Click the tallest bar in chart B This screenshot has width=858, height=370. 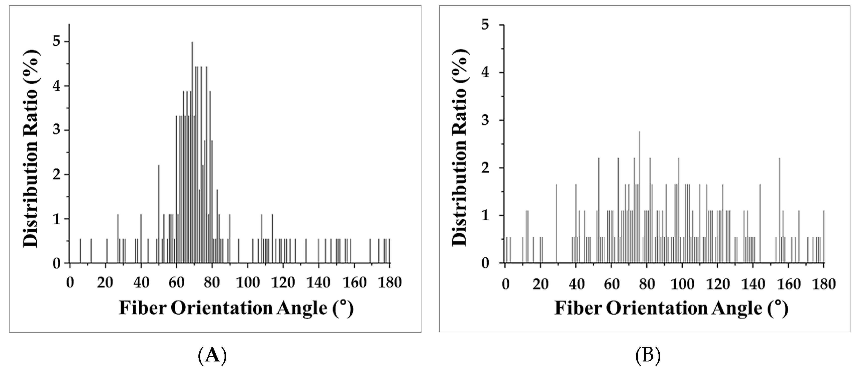click(x=639, y=200)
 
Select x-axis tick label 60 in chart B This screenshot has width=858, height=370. click(x=611, y=284)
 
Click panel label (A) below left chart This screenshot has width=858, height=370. click(x=212, y=356)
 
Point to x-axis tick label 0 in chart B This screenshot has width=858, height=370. click(x=506, y=284)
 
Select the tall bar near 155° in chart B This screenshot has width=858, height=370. click(x=779, y=213)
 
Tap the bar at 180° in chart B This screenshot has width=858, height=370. click(x=824, y=238)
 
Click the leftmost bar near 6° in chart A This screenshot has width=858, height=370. click(x=80, y=251)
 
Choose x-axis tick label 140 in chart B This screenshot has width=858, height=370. click(x=753, y=284)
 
